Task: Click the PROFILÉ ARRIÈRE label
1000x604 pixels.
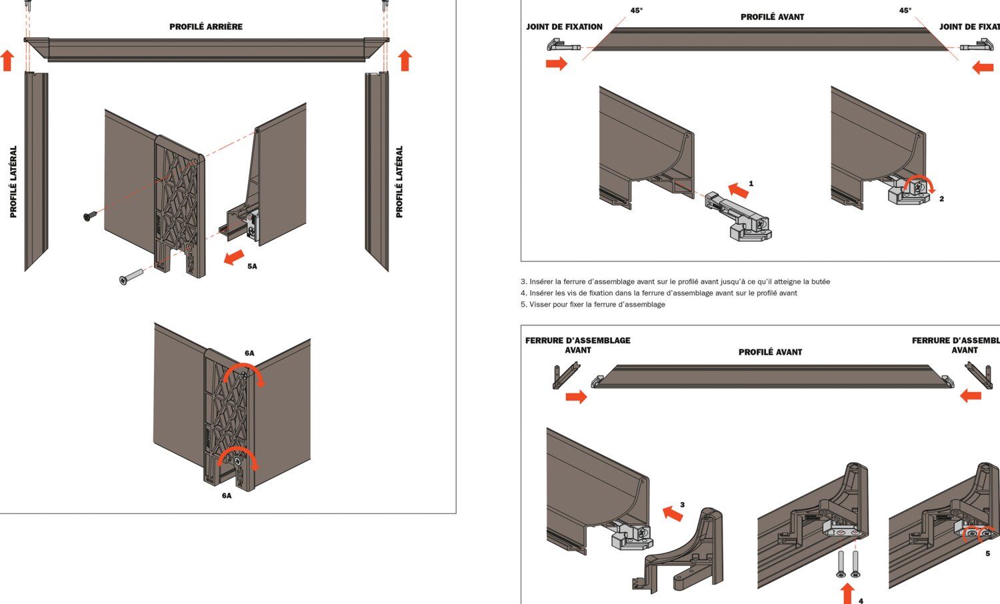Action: point(205,27)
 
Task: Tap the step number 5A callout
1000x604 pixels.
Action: point(252,266)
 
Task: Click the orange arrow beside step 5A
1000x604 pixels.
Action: point(233,257)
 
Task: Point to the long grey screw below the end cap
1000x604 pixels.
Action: point(132,276)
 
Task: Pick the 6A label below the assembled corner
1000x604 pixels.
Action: point(227,495)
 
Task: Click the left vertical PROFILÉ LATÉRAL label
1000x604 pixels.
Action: point(13,181)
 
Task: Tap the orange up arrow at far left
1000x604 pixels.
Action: point(7,60)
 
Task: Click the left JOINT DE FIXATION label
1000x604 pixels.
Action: point(564,27)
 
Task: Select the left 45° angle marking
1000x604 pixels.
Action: point(637,11)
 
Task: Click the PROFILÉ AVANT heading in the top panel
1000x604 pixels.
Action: point(772,17)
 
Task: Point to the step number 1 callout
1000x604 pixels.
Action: point(751,183)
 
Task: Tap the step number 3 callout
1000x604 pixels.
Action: point(682,505)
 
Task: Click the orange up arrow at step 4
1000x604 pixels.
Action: point(847,593)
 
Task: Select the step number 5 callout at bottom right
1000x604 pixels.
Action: point(987,553)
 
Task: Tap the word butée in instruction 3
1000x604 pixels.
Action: point(819,282)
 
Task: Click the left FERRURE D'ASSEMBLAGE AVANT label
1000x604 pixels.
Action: point(577,345)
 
